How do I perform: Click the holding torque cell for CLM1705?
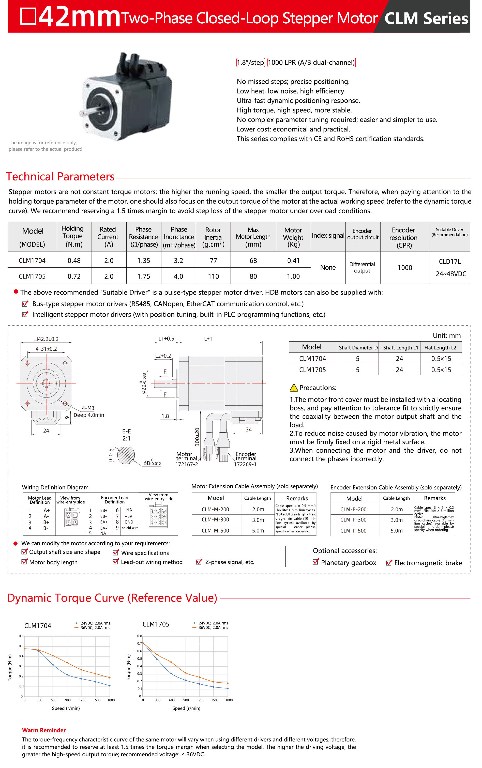tap(74, 276)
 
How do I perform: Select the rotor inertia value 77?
tap(213, 261)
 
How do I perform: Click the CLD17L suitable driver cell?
tap(449, 262)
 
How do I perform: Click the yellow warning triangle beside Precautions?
tap(294, 388)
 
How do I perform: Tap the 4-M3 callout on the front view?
tap(88, 408)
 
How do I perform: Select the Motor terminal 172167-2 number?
tap(187, 464)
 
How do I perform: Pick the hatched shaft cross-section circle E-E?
tap(126, 455)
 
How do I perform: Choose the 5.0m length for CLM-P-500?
tap(397, 531)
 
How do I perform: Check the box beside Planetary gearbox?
tap(315, 562)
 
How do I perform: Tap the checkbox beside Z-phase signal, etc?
tap(199, 562)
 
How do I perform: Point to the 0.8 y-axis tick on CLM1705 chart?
tap(139, 636)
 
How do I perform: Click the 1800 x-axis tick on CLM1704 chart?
tap(111, 700)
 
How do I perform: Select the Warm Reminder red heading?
tap(44, 730)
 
